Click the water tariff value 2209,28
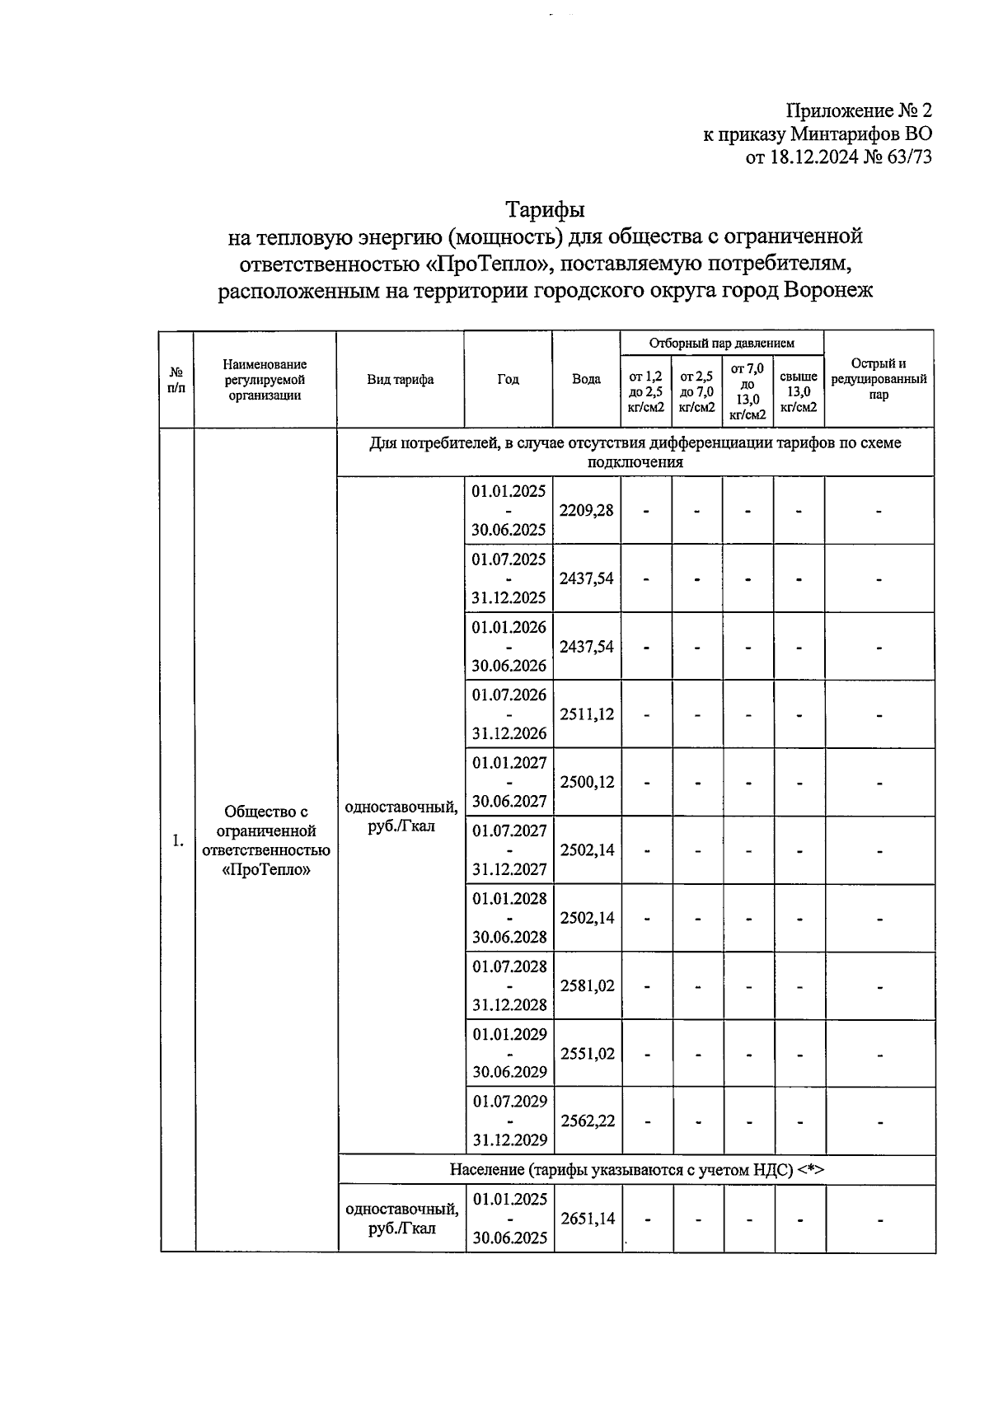586,511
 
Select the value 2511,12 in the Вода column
587,714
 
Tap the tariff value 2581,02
587,985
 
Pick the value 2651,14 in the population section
588,1219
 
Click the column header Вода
586,380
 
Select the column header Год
508,380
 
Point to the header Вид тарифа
400,380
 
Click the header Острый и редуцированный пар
879,379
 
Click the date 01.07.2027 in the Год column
509,831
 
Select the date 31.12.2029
509,1140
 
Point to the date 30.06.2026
509,666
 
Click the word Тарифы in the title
544,210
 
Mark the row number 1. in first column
177,840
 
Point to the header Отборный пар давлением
721,343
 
